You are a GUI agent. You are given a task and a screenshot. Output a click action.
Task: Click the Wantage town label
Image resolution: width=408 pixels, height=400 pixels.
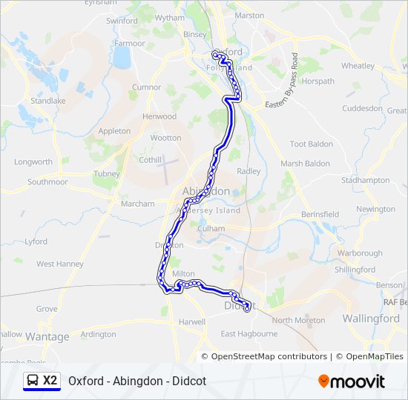pos(48,337)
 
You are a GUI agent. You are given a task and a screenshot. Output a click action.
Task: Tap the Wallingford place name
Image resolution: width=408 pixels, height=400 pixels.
pos(371,319)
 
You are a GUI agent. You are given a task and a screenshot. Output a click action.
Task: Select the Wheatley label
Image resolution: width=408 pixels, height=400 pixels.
pos(358,66)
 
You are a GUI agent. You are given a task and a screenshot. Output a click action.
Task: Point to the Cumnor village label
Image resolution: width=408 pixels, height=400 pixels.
pos(146,87)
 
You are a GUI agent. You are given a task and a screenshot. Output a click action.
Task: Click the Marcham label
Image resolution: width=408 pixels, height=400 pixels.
pos(137,204)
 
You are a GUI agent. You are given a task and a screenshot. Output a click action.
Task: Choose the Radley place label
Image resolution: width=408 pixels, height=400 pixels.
pos(249,171)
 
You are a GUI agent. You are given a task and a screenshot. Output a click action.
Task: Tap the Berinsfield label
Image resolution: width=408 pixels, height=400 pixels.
pos(320,215)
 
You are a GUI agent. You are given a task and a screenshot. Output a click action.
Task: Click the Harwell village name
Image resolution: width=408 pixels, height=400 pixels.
pos(191,322)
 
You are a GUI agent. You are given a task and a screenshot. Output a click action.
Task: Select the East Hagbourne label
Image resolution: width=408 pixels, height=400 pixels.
pos(249,334)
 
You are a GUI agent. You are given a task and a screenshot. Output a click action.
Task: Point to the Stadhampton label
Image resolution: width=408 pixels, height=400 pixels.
pos(365,180)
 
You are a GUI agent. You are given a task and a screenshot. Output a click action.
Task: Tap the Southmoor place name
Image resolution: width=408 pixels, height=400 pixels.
pos(48,181)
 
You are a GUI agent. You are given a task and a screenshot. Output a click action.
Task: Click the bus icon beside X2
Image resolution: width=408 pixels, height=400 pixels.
pos(33,381)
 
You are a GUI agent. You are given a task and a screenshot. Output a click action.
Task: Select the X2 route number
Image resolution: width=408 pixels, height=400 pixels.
pos(50,381)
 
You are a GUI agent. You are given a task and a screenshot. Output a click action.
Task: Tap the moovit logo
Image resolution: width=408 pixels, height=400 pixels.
pos(352,381)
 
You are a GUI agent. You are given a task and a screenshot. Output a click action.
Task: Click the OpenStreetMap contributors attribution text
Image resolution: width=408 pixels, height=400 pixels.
pos(269,356)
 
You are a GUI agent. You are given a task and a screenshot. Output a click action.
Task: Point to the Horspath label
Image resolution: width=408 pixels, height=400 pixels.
pos(318,81)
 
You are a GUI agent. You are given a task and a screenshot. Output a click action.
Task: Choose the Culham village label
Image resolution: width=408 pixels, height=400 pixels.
pos(211,230)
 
